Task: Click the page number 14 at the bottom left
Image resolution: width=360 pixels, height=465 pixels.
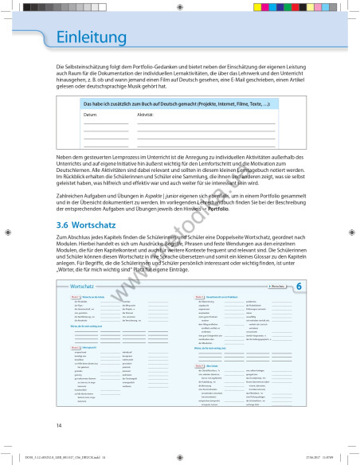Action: click(x=59, y=426)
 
